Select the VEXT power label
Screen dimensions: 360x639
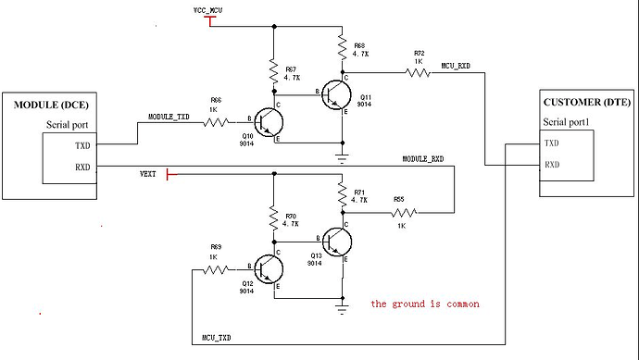click(x=148, y=172)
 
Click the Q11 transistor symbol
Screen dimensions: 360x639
click(x=339, y=93)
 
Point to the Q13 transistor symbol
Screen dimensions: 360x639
click(x=339, y=242)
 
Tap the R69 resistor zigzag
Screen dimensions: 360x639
click(x=216, y=269)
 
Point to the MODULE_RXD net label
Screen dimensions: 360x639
click(x=422, y=159)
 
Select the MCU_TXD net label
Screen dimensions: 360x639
click(x=217, y=338)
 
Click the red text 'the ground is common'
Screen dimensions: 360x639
click(x=425, y=304)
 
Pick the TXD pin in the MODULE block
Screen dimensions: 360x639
click(x=57, y=145)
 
